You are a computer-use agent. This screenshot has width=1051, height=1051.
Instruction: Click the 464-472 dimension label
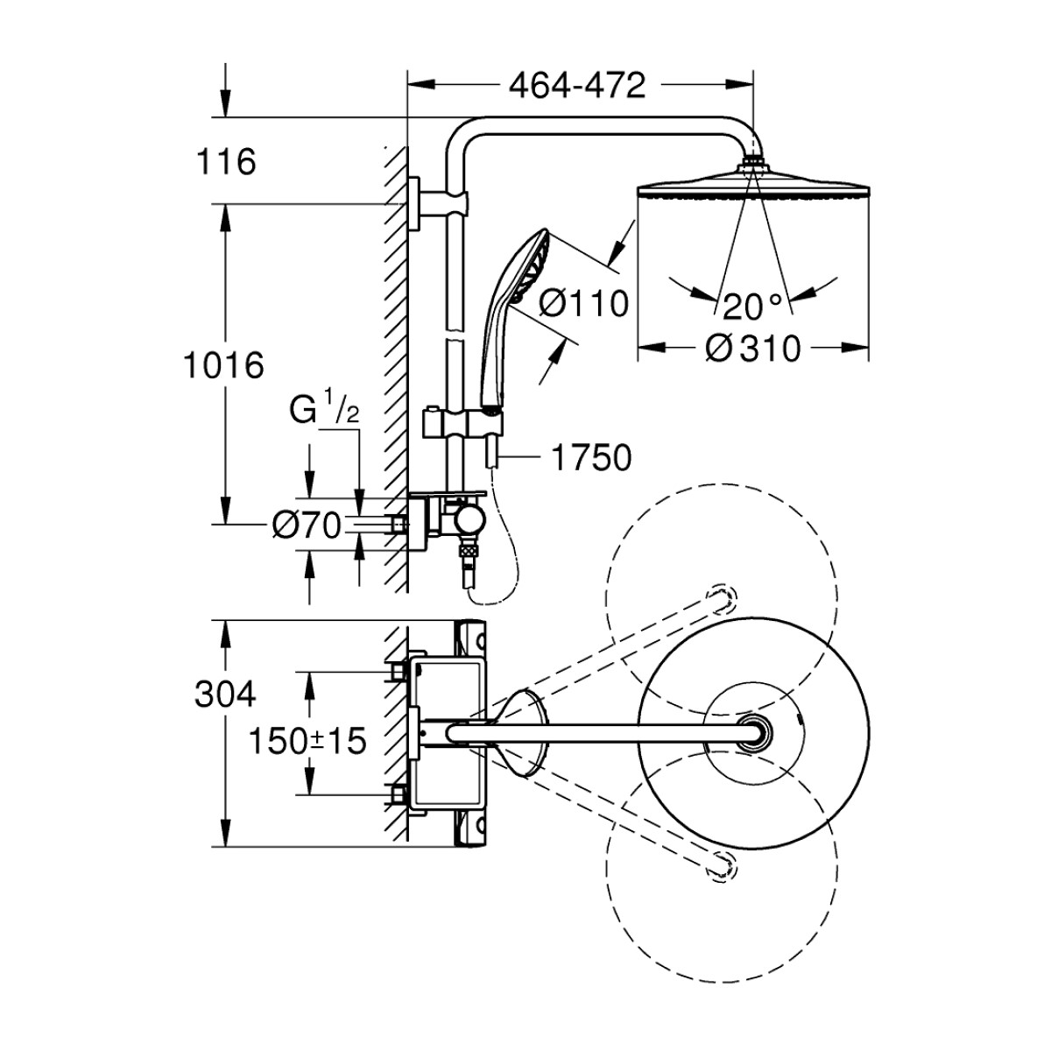(577, 85)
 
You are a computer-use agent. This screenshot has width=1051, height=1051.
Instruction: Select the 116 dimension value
(227, 162)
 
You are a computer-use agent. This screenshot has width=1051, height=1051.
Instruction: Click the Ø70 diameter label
(306, 525)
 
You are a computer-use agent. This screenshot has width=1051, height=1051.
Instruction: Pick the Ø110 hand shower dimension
(583, 304)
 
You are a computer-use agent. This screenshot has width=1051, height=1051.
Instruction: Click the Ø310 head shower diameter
(752, 349)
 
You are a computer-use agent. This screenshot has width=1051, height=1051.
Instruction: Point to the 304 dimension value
(226, 695)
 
